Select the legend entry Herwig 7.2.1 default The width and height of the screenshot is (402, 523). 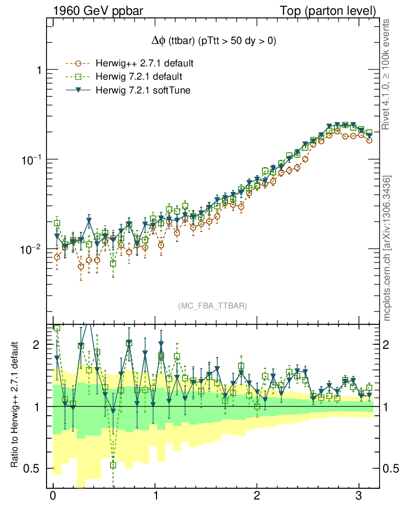[x=139, y=77]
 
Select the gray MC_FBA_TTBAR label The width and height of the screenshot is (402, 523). [x=213, y=306]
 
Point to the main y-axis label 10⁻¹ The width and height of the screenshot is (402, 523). [x=32, y=159]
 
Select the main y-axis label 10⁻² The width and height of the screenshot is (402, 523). [x=32, y=249]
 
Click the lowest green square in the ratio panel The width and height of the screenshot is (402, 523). [x=114, y=465]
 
